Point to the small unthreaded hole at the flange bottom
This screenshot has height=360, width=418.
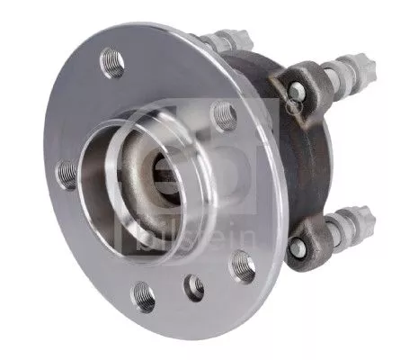point(194,287)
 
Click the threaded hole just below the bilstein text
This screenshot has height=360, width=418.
point(243,266)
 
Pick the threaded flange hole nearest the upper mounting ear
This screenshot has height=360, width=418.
point(224,113)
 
